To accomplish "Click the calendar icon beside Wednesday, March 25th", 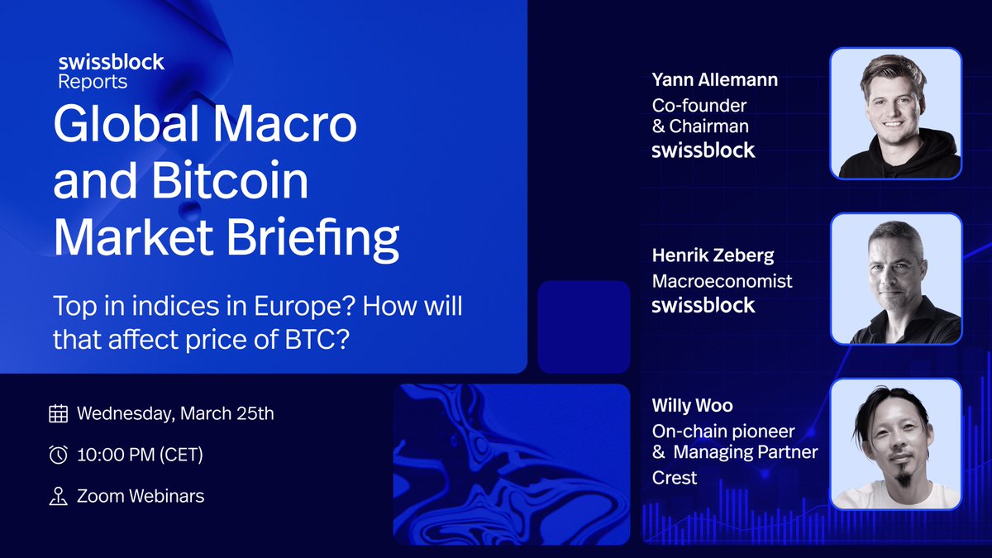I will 58,413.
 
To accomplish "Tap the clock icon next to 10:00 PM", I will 58,455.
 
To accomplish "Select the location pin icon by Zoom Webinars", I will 58,496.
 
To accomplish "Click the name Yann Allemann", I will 714,80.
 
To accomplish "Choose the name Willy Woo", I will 692,407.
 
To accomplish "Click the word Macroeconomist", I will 722,281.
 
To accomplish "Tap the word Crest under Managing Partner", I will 674,478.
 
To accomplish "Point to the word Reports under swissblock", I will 93,81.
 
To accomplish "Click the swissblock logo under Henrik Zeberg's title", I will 703,305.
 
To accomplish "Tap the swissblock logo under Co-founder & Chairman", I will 703,150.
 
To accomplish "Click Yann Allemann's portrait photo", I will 896,114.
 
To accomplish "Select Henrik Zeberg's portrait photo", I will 896,279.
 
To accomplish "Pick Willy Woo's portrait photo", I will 896,444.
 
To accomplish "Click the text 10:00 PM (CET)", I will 140,455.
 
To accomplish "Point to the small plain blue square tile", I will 584,327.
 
